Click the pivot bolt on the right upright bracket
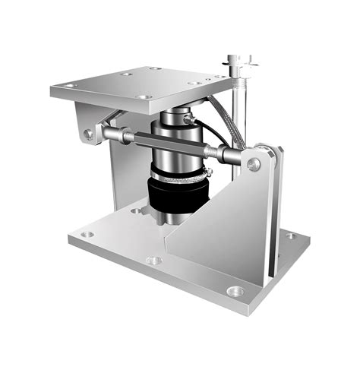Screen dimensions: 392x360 tap(254, 164)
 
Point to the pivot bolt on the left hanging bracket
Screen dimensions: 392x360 tap(89, 134)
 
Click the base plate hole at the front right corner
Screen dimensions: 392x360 tap(235, 291)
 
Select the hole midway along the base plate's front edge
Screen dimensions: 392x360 tap(153, 261)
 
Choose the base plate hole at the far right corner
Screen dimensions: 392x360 tap(290, 236)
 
